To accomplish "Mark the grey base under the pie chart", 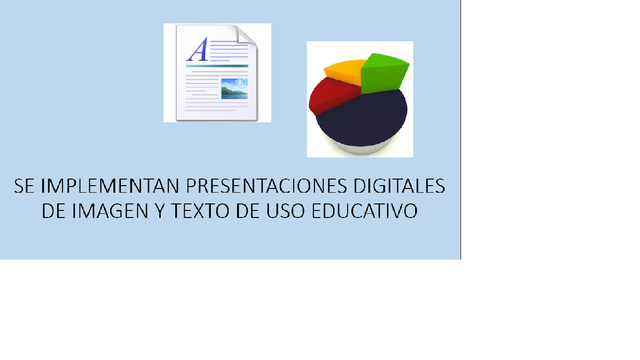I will (360, 148).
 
